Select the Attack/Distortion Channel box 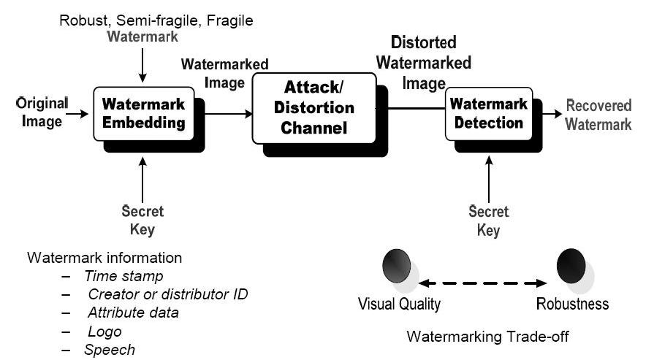pos(318,108)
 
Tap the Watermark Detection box pos(488,113)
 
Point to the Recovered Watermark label pos(598,115)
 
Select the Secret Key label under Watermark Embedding pos(142,221)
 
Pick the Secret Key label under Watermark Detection pos(488,221)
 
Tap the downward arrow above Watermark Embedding pos(143,69)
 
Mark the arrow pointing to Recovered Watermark pos(552,114)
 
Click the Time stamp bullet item pos(123,276)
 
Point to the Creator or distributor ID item pos(167,294)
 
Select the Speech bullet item pos(109,349)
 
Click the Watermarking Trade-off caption pos(487,337)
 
